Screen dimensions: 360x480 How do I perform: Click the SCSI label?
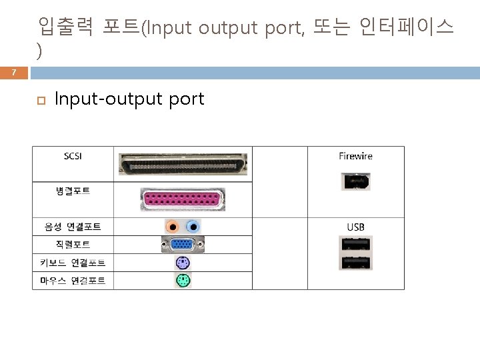point(73,157)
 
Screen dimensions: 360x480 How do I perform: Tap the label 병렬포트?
point(73,191)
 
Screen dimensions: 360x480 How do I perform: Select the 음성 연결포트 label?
point(73,227)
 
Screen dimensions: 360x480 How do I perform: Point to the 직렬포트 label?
point(73,245)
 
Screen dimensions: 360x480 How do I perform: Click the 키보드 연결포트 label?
point(73,263)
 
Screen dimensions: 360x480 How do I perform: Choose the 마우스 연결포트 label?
point(73,281)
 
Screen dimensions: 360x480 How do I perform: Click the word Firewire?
point(355,156)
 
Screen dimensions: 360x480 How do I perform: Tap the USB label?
point(355,227)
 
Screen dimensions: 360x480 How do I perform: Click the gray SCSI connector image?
point(183,165)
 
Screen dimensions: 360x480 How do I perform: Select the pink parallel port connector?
point(183,199)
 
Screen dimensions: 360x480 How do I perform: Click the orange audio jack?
point(173,227)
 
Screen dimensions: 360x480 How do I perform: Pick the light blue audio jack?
point(193,227)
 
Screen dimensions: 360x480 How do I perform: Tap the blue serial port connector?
point(183,245)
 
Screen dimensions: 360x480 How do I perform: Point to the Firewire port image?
point(355,181)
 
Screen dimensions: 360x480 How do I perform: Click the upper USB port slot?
point(355,245)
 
